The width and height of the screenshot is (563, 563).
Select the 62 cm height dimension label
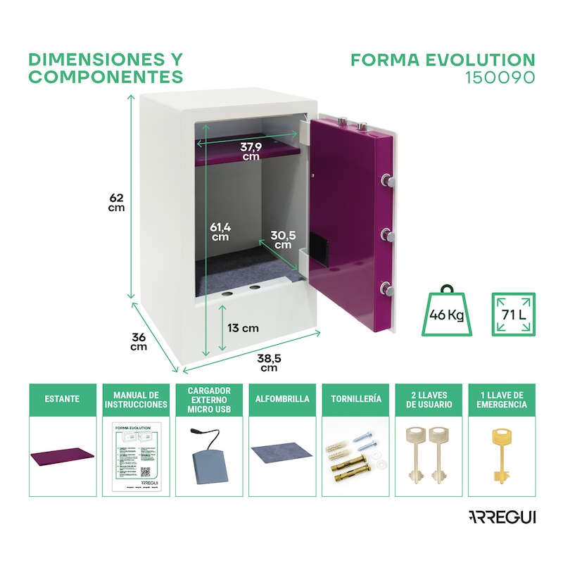[x=117, y=202]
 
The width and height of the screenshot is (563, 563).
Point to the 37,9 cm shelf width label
[x=251, y=151]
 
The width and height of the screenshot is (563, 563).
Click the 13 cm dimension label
[x=243, y=328]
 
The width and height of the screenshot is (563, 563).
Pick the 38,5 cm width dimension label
[x=270, y=362]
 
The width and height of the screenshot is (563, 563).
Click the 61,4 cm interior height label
[x=220, y=232]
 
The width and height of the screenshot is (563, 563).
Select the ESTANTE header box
[x=63, y=399]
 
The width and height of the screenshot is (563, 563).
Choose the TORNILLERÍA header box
[x=355, y=399]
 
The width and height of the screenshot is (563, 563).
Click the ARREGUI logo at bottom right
[x=500, y=517]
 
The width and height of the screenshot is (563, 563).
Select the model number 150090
[x=500, y=77]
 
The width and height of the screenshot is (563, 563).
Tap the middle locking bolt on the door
[x=387, y=233]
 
